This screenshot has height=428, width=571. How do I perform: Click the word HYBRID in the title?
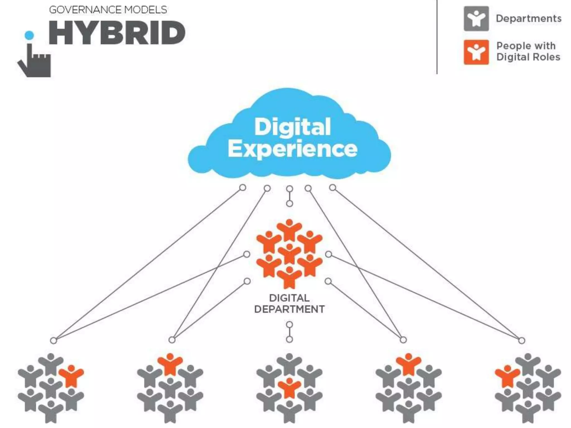(117, 33)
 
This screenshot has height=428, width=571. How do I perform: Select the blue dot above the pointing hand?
(29, 35)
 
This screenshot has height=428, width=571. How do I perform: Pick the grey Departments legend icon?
(476, 19)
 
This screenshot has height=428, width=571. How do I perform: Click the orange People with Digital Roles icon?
(476, 52)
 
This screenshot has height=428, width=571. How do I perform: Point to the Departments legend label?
(529, 19)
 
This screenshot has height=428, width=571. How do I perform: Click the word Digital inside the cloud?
(293, 127)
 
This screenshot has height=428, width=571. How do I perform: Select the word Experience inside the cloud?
(293, 149)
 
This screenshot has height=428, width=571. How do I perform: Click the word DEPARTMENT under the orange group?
(289, 309)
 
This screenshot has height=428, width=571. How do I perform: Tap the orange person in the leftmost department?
(71, 376)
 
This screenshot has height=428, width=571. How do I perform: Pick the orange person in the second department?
(170, 364)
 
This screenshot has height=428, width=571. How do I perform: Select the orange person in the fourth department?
(408, 364)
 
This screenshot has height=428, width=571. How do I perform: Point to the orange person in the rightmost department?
(507, 376)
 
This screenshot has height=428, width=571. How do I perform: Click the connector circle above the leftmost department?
(54, 341)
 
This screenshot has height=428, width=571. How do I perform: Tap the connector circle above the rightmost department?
(522, 341)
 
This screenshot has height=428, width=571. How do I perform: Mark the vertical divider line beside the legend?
(437, 36)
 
